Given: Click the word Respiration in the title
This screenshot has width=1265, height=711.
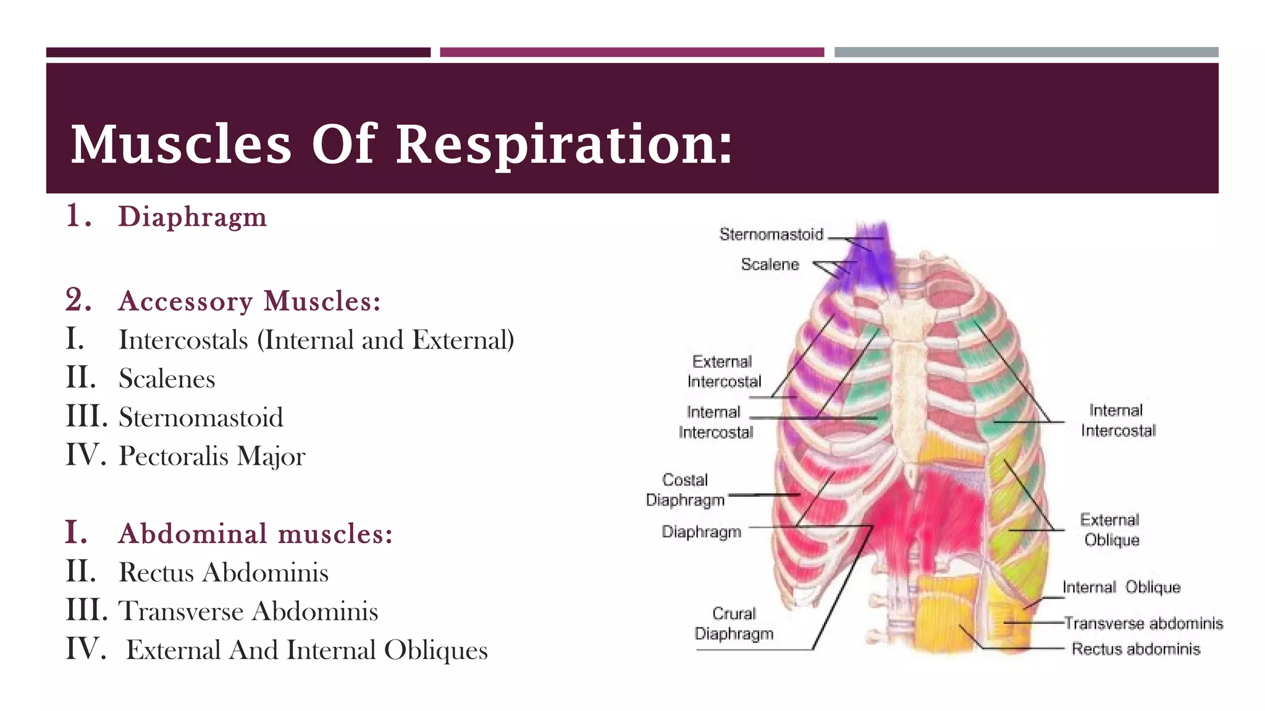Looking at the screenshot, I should click(563, 144).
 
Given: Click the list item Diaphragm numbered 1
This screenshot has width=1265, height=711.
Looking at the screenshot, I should click(192, 217).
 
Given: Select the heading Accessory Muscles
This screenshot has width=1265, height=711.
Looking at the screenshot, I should click(249, 301).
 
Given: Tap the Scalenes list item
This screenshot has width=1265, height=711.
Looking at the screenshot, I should click(167, 378).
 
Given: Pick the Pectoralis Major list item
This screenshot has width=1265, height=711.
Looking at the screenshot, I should click(212, 456).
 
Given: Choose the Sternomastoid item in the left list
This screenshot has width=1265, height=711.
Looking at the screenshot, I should click(201, 417).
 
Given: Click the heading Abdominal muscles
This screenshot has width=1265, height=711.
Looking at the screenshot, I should click(255, 534).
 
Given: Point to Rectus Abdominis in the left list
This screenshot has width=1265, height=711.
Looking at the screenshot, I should click(223, 572).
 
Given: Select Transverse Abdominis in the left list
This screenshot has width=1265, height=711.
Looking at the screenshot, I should click(248, 611).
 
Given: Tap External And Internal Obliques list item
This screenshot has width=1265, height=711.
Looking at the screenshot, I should click(307, 650).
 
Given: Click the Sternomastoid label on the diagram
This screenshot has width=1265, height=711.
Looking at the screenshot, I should click(771, 235).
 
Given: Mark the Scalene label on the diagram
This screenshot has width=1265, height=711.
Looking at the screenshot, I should click(770, 265).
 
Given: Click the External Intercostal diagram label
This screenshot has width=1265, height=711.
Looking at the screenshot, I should click(723, 372).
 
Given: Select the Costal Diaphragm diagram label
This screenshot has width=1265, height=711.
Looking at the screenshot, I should click(685, 490).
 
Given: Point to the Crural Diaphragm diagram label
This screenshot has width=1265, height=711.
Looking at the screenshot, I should click(734, 624).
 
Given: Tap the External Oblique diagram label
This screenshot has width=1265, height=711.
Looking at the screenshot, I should click(1111, 530).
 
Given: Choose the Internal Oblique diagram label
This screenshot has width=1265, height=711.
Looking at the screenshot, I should click(1121, 587).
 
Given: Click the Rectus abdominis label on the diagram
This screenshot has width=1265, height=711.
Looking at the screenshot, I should click(1135, 649).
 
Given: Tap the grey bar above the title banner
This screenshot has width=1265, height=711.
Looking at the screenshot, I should click(1026, 52).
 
